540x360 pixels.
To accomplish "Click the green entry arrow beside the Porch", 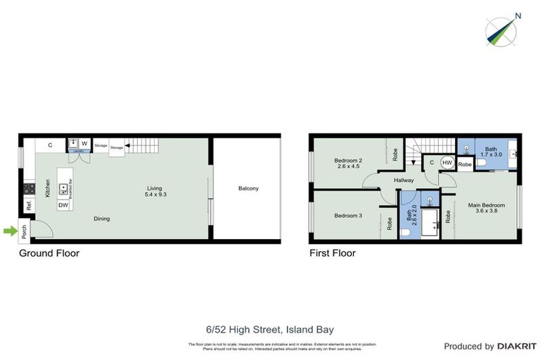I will click(9, 230).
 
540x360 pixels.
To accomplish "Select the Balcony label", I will click(248, 188).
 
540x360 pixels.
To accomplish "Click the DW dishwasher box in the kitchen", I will click(63, 205).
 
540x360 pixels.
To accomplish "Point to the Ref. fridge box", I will click(29, 206).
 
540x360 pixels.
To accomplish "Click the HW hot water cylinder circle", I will click(447, 162).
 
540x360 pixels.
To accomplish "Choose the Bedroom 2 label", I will click(348, 164).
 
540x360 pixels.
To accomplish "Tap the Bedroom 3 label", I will click(348, 215).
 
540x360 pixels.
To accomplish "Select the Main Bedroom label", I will click(487, 209).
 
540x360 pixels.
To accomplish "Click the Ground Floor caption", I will click(49, 253).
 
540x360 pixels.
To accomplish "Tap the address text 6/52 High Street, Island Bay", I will click(269, 329).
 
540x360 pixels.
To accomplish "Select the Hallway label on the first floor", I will click(404, 181).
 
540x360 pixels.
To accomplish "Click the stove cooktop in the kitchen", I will click(30, 188).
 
